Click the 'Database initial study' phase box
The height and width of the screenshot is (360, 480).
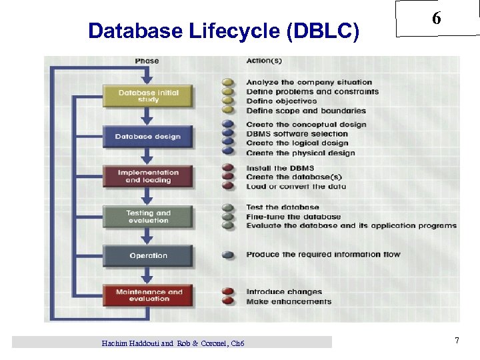[x=148, y=96]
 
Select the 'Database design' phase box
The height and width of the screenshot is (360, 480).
[x=148, y=137]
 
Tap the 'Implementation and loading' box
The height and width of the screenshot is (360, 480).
[x=148, y=177]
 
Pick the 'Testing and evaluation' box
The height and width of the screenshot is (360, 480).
[x=148, y=217]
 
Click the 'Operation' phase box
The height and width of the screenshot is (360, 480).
[x=148, y=255]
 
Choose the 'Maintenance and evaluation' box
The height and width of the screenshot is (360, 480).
[x=148, y=295]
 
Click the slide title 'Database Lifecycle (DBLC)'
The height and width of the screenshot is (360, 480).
[x=223, y=31]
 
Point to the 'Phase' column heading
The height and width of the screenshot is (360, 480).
[x=147, y=61]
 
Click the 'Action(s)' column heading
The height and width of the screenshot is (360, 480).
[x=264, y=61]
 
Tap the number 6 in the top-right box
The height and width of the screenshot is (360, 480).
[x=436, y=19]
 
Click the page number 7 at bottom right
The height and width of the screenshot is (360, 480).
[x=457, y=341]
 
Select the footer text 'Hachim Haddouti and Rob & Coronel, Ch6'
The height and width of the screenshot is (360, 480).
[x=173, y=343]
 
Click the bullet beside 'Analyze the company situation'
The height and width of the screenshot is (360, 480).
[x=229, y=83]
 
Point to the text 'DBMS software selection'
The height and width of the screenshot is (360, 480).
[x=297, y=134]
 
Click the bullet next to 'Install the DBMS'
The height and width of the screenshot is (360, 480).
[x=229, y=168]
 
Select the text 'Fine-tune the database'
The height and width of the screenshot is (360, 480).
[x=293, y=217]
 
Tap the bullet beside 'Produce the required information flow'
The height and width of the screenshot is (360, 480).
[x=229, y=254]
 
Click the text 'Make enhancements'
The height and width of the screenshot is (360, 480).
[x=289, y=302]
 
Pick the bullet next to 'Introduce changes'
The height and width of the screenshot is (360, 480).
[x=229, y=291]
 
